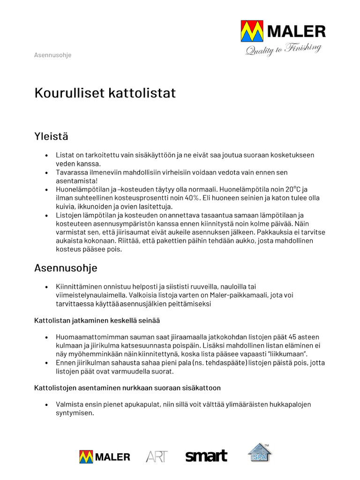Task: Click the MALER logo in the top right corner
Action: [x=283, y=32]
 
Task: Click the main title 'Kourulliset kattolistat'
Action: [x=105, y=93]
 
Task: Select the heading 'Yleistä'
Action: [x=51, y=136]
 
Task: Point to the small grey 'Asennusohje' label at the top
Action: [x=52, y=55]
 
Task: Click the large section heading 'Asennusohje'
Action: [x=66, y=268]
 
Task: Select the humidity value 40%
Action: [x=191, y=198]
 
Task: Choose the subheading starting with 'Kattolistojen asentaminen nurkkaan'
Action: [x=127, y=388]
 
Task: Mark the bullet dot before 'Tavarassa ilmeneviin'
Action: [x=46, y=172]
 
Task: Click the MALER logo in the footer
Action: [x=105, y=457]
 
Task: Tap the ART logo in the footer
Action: [x=157, y=457]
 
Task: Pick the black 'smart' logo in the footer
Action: [x=206, y=456]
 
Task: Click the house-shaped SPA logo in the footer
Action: [x=260, y=453]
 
